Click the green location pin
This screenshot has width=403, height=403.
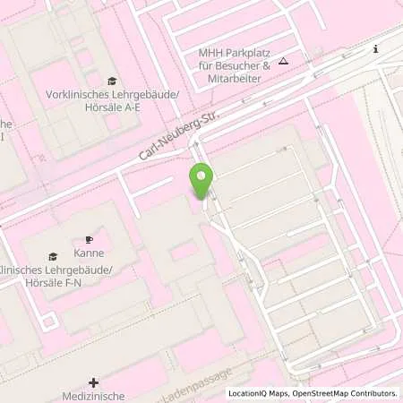point(201,181)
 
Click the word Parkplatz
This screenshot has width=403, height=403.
point(246,54)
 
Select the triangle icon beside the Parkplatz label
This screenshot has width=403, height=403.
point(283,61)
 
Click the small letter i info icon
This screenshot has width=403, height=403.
point(376,49)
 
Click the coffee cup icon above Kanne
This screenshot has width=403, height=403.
point(89,239)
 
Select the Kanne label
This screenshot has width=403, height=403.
point(89,253)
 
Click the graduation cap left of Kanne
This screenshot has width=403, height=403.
point(53,257)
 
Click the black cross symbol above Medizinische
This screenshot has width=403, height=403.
point(93,382)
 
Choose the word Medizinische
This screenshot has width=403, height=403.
point(94,396)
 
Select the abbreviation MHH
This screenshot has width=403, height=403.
point(210,54)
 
